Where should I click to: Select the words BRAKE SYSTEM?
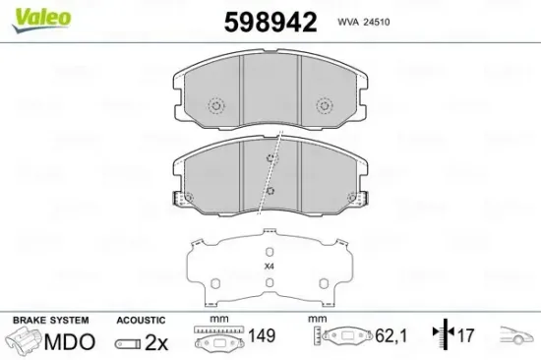[x=50, y=321]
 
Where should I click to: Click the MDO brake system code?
[x=71, y=341]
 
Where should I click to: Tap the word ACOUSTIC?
[x=140, y=321]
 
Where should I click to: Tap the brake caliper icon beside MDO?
[x=26, y=341]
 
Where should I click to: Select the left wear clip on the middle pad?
[x=181, y=199]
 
